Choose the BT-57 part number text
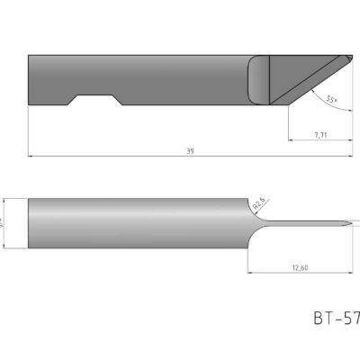click(336, 317)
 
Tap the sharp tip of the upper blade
click(350, 56)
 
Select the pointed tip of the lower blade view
click(350, 222)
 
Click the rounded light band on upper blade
click(258, 80)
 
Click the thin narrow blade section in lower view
click(306, 222)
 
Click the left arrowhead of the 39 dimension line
click(32, 157)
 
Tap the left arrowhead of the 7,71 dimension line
click(291, 140)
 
